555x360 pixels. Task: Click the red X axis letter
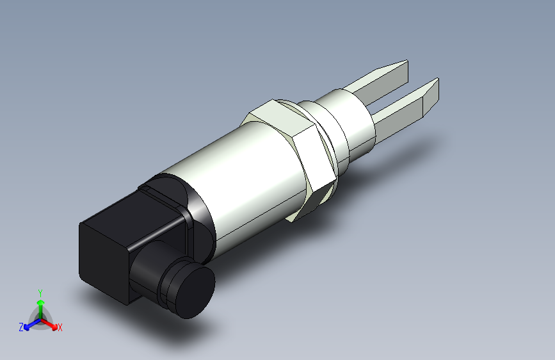(60, 327)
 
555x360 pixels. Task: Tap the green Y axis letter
(40, 292)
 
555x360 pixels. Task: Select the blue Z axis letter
(21, 327)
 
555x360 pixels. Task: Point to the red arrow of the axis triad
(51, 323)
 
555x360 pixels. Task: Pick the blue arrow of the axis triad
(29, 323)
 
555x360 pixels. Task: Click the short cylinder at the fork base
(349, 124)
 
